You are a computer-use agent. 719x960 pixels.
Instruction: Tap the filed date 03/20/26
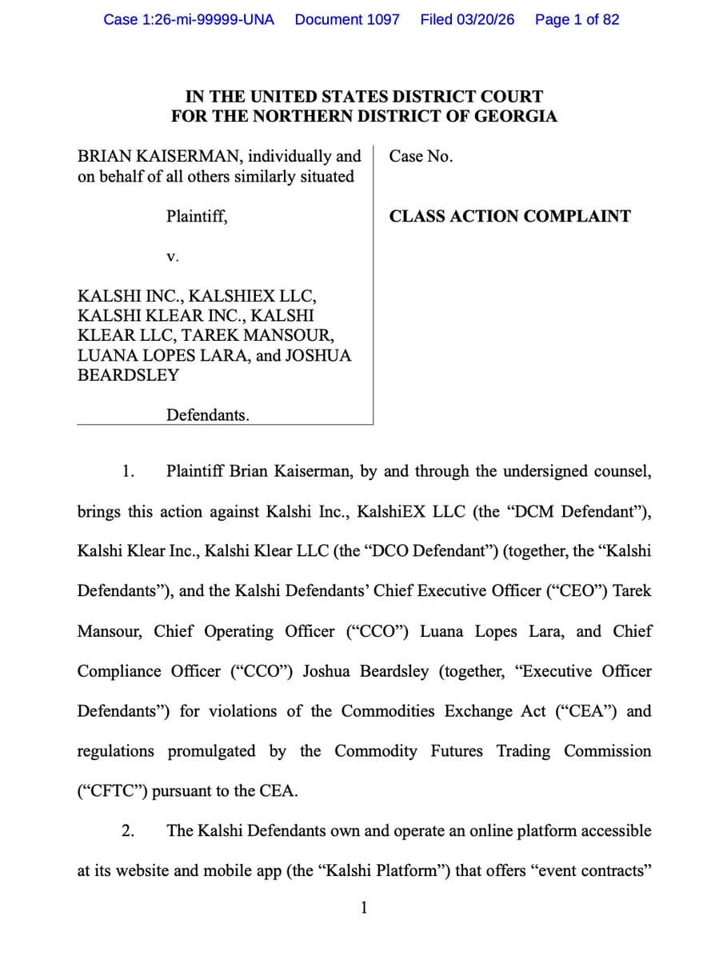coord(467,19)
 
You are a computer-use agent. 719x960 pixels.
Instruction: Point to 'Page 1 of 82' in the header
coord(577,19)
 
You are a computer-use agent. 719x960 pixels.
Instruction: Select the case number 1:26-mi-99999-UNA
coord(189,19)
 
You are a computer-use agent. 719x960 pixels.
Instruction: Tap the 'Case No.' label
coord(421,157)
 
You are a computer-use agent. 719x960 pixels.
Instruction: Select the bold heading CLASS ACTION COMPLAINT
coord(509,216)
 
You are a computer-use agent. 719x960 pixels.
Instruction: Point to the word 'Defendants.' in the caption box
coord(208,414)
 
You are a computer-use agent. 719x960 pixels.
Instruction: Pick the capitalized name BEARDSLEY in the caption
coord(128,375)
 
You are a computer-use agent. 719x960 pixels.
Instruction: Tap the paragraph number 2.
coord(127,830)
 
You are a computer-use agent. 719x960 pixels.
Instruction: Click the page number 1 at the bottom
coord(364,907)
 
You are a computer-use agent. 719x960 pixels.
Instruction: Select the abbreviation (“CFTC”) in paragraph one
coord(112,791)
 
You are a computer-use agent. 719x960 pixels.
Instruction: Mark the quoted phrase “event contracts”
coord(590,870)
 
